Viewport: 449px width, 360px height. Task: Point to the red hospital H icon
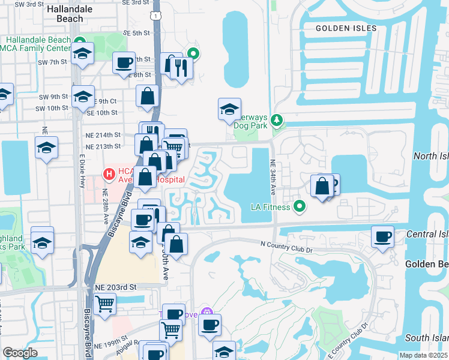pos(109,175)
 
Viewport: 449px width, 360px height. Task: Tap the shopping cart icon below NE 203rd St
pos(105,304)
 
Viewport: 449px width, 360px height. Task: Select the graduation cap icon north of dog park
pos(229,109)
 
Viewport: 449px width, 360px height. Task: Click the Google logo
pos(20,353)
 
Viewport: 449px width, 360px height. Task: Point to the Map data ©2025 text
pos(423,355)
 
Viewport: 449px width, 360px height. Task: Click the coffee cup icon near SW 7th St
pos(124,62)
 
